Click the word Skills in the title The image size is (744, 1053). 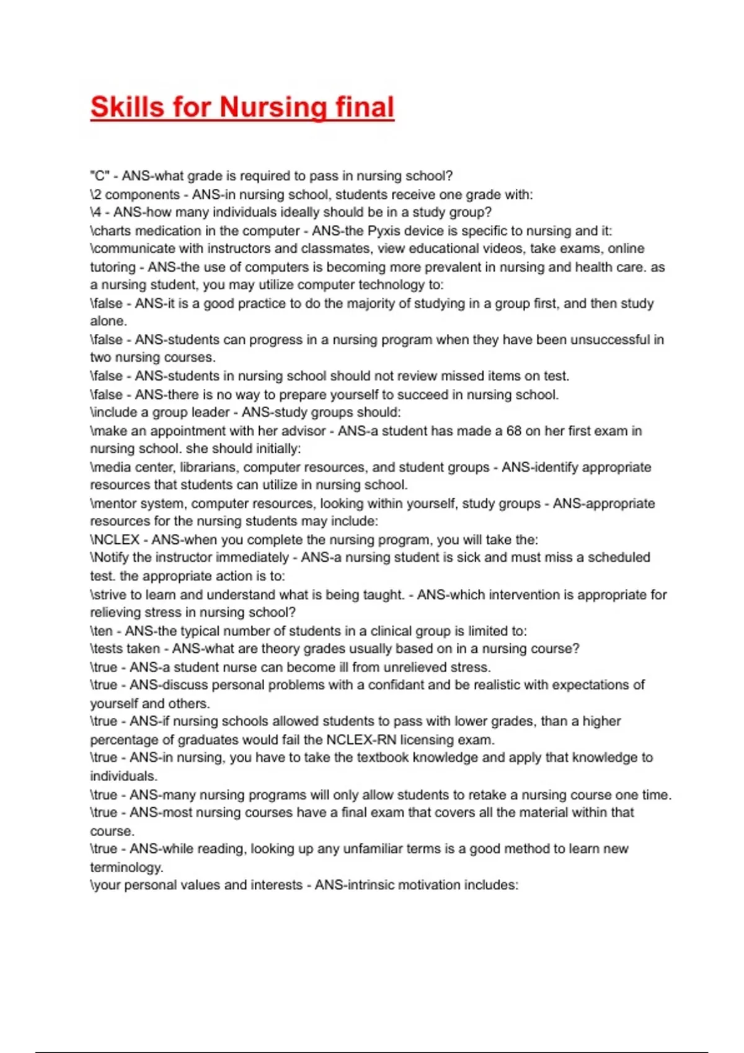pos(127,107)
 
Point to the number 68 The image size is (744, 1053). pos(514,431)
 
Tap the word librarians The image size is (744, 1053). pos(208,467)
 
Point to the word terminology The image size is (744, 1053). pos(126,867)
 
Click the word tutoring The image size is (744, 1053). pos(113,267)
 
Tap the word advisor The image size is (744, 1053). pos(303,431)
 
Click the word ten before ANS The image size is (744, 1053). pos(104,631)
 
